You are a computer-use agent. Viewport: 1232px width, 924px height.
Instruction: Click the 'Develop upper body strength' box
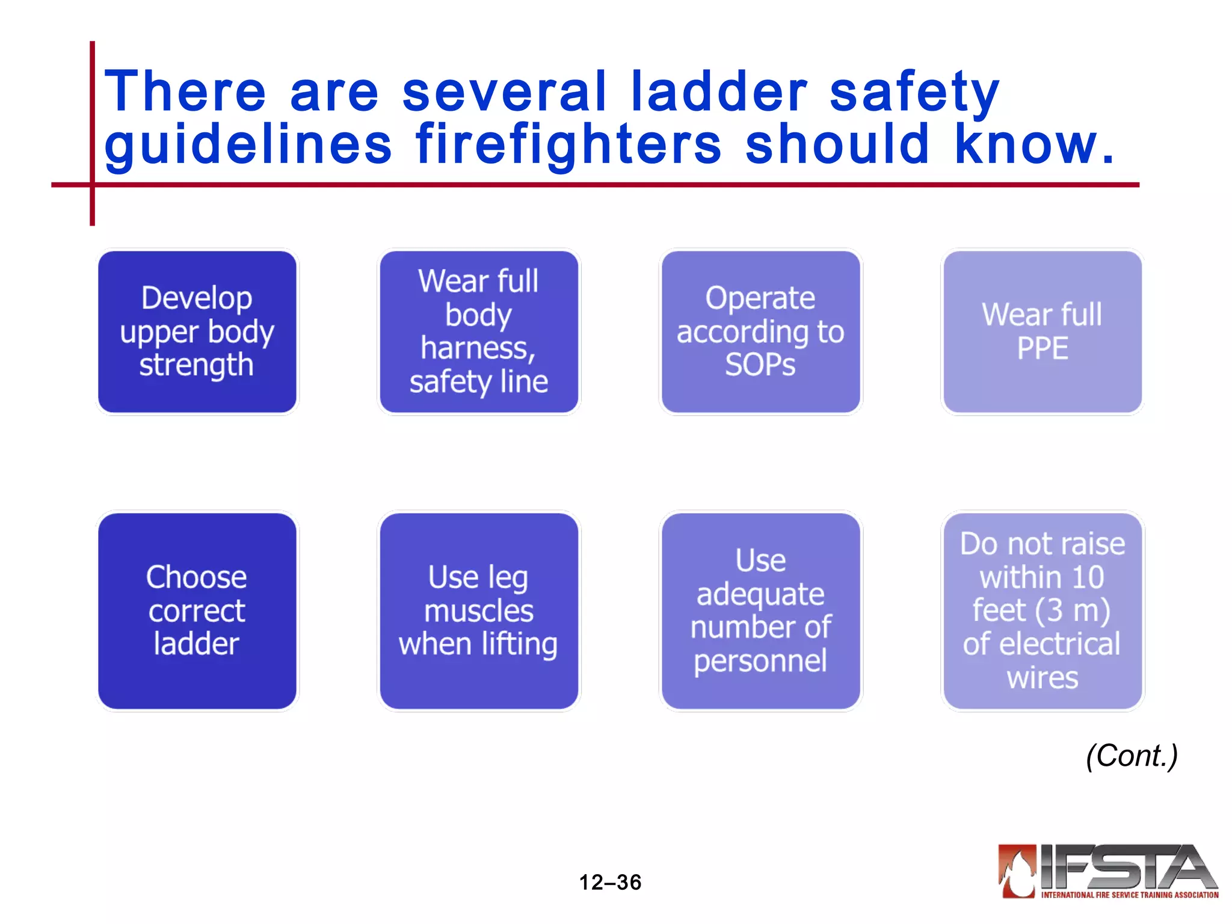tap(197, 331)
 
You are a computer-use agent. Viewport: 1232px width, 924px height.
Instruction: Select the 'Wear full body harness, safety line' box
tap(479, 331)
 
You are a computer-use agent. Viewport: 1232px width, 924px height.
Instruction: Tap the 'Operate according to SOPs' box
tap(760, 331)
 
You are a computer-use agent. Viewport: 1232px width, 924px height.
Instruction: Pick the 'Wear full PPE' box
tap(1043, 331)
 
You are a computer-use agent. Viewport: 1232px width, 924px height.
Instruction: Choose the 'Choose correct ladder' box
tap(197, 611)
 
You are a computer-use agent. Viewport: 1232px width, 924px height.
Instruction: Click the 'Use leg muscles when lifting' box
tap(479, 611)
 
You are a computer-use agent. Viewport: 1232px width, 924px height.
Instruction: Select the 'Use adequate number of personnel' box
tap(760, 611)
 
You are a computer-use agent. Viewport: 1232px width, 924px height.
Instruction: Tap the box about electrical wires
tap(1043, 611)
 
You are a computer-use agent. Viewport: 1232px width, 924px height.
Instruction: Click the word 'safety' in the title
tap(914, 93)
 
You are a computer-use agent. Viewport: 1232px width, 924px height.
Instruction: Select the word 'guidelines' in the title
tap(248, 145)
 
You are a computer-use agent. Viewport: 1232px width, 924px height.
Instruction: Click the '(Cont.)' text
tap(1132, 756)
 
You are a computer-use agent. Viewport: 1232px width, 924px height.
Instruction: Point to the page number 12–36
tap(610, 882)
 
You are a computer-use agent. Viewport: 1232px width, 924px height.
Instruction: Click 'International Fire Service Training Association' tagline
tap(1130, 895)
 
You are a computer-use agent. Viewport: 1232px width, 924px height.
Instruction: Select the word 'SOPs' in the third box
tap(760, 365)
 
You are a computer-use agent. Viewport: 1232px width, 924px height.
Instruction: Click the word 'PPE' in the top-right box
tap(1043, 348)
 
